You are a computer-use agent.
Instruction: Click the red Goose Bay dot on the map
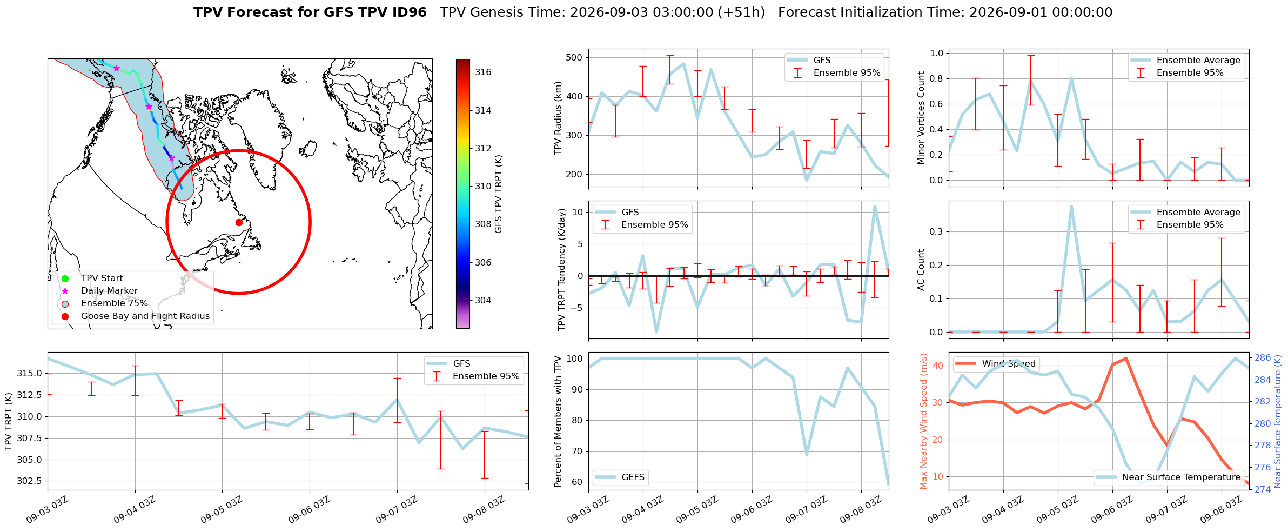pos(239,222)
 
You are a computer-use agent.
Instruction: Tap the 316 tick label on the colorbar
pos(483,72)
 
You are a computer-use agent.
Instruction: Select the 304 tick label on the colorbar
pos(483,300)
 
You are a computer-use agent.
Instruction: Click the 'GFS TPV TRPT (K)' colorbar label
pos(498,194)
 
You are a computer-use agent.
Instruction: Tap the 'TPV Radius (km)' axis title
pos(558,118)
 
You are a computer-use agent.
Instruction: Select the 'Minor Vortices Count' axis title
pos(921,118)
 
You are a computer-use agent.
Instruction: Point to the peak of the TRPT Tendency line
pos(875,207)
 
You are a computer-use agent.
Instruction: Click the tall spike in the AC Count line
pos(1071,207)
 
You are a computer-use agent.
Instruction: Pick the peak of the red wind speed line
pos(1126,358)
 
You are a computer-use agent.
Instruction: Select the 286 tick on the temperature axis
pos(1263,357)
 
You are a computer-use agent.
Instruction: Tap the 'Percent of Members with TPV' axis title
pos(558,421)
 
